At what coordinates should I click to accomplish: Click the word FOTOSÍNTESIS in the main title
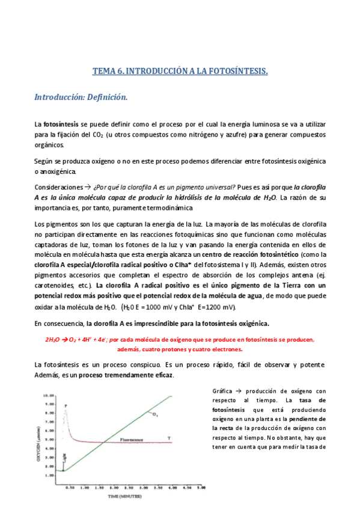(238, 71)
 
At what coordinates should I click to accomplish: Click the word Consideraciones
(58, 186)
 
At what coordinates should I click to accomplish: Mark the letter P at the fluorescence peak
(65, 406)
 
